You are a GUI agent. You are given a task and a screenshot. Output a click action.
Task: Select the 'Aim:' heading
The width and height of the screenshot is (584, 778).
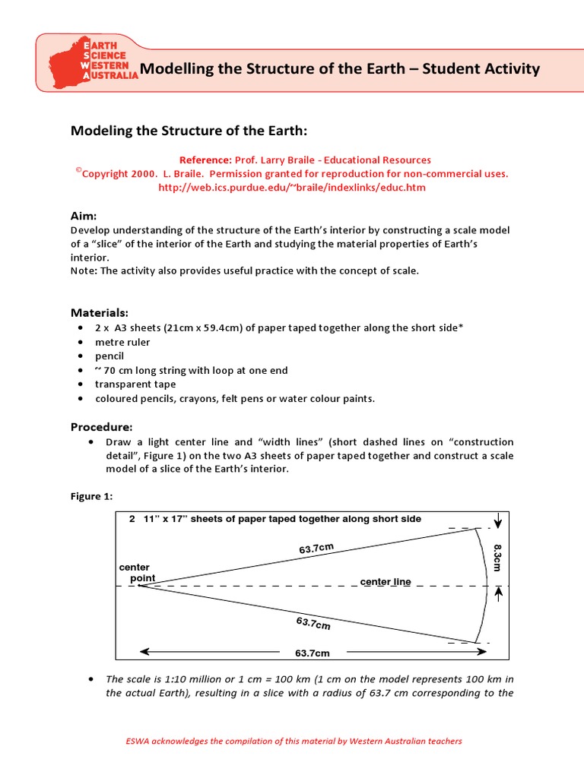(84, 217)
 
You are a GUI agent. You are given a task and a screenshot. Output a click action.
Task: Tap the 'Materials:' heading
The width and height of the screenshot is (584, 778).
(100, 312)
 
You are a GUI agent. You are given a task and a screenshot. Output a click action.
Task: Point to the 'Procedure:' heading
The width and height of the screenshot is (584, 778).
(102, 426)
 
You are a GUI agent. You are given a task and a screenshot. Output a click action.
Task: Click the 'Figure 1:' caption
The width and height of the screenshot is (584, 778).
(91, 496)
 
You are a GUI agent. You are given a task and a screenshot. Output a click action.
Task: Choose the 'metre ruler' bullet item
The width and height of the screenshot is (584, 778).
(122, 342)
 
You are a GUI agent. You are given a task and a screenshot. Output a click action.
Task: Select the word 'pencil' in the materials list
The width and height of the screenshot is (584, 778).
(109, 356)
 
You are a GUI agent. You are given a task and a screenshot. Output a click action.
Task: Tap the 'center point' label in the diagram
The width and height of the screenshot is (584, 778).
(137, 573)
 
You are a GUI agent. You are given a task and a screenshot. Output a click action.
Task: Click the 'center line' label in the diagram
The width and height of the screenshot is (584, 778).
(386, 582)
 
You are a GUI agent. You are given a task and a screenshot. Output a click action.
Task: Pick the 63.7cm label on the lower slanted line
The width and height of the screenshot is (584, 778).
(313, 624)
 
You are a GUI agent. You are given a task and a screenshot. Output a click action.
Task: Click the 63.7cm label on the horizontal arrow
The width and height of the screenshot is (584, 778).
(313, 653)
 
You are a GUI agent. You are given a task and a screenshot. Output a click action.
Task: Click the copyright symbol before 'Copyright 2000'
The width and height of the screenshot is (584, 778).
(78, 170)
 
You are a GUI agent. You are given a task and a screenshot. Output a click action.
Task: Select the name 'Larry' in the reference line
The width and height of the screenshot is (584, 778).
(297, 160)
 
